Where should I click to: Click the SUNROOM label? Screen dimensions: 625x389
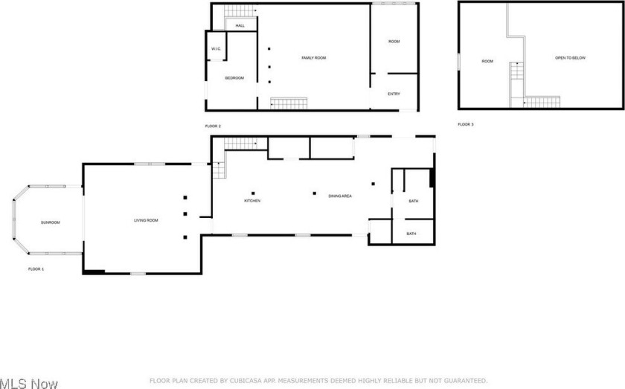tap(51, 222)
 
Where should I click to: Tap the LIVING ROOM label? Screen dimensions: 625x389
tap(146, 220)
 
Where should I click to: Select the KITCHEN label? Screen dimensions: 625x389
tap(252, 201)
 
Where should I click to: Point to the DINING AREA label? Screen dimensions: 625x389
tap(340, 196)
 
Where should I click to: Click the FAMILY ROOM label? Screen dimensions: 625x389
tap(314, 58)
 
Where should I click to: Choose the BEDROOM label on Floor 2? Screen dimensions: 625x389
tap(234, 78)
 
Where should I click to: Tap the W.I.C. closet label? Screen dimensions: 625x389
tap(216, 49)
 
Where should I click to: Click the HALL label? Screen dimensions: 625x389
tap(240, 25)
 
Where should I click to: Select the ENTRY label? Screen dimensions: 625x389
tap(394, 94)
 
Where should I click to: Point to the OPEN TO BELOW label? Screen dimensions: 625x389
tap(571, 58)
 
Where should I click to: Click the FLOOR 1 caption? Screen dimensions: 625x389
tap(36, 269)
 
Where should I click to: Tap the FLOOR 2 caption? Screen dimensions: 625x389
tap(213, 126)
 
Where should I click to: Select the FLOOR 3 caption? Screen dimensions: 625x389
tap(466, 124)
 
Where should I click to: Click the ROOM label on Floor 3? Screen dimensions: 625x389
tap(487, 62)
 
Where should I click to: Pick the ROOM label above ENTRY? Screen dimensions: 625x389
tap(394, 42)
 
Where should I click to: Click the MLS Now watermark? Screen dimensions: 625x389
tap(29, 383)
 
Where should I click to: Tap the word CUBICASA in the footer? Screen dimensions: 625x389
tap(248, 381)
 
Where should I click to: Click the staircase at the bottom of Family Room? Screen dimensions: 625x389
tap(289, 103)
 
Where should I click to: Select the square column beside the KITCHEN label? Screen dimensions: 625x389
tap(253, 193)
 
